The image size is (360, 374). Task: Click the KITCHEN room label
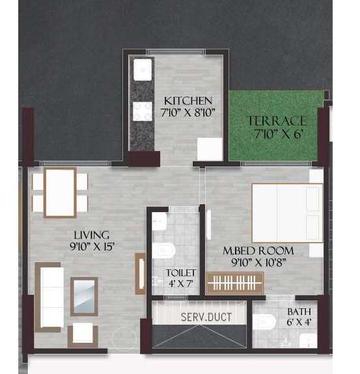(187, 101)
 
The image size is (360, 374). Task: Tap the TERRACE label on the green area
(277, 121)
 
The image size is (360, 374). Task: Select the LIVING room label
(91, 234)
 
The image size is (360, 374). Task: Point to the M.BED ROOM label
(258, 250)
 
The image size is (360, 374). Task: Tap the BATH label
(299, 312)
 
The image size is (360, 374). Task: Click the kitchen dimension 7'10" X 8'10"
(189, 112)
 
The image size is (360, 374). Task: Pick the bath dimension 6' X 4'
(298, 322)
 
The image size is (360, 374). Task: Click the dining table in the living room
(60, 193)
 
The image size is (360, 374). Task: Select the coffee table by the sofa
(84, 296)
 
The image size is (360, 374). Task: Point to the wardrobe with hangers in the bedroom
(235, 284)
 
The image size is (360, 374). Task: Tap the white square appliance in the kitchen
(210, 149)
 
